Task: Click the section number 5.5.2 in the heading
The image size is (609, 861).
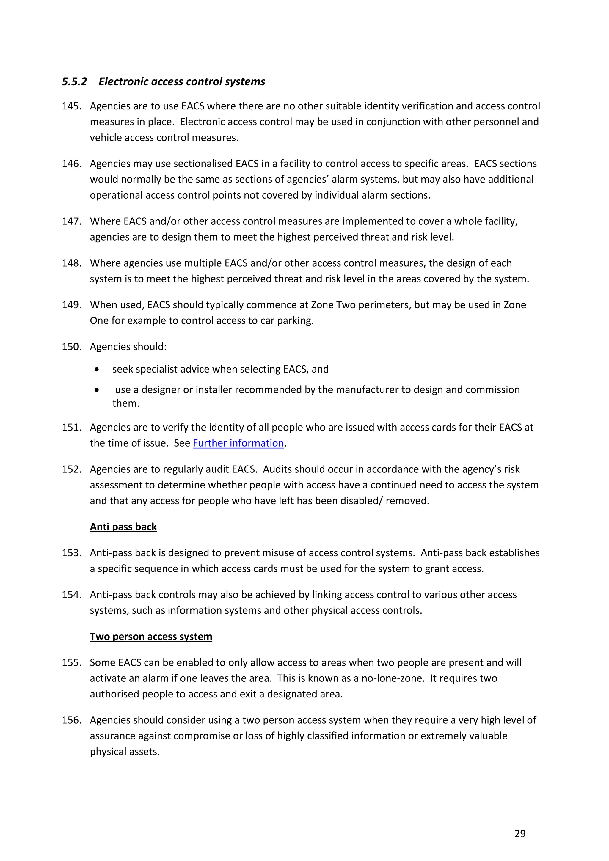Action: click(74, 82)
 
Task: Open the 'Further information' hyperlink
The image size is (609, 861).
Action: click(238, 443)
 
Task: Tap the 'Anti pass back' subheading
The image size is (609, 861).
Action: click(123, 527)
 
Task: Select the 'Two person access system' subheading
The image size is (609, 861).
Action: click(151, 637)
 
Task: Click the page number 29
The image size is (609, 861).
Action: click(520, 834)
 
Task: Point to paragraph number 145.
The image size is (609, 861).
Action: click(71, 106)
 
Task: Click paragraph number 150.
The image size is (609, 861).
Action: click(71, 347)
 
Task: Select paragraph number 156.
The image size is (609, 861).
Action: click(71, 720)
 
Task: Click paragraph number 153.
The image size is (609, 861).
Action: click(71, 553)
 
